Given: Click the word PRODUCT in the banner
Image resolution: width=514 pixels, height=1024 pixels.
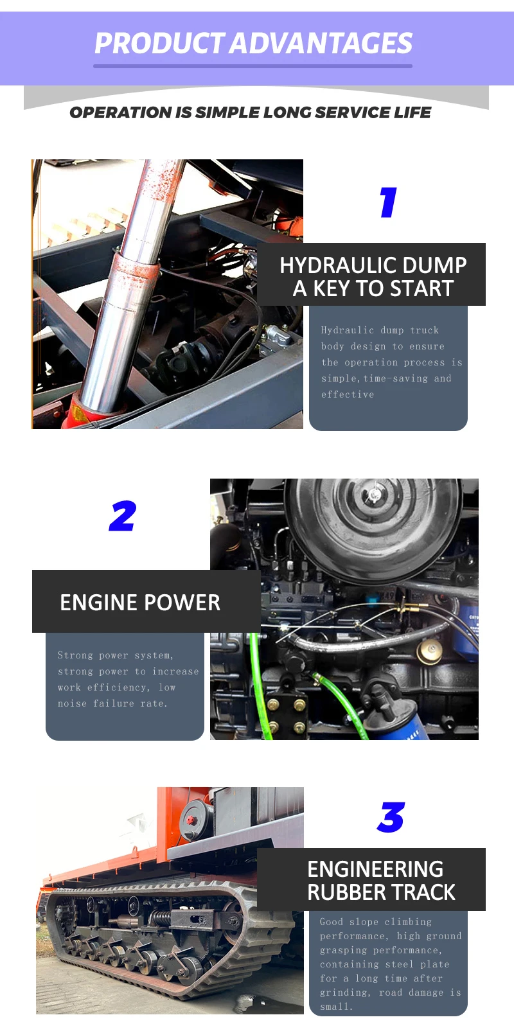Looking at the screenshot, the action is click(159, 44).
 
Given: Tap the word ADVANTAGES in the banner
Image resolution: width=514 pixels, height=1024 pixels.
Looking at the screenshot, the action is click(321, 44).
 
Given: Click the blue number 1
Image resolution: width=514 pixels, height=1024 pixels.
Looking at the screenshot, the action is click(389, 202).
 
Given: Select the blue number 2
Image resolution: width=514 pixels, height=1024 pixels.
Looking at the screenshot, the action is click(123, 516).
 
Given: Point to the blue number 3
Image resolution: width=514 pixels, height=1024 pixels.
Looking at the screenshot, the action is click(391, 817).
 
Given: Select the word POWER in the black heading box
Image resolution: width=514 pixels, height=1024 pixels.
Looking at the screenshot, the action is click(178, 603).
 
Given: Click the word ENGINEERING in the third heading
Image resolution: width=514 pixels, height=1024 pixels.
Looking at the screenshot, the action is click(375, 869).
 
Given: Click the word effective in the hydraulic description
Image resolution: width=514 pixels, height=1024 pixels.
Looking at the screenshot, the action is click(348, 394).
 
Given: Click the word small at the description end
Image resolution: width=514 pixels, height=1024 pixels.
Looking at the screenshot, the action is click(336, 1007).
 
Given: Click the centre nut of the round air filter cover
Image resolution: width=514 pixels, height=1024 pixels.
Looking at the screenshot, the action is click(375, 495).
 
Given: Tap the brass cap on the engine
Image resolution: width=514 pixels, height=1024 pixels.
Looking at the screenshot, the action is click(430, 651).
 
